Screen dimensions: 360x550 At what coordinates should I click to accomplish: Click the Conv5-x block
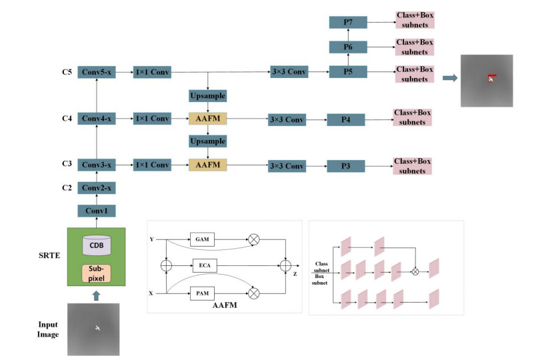pyautogui.click(x=97, y=72)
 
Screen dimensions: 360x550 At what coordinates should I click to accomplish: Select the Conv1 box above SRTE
pyautogui.click(x=97, y=211)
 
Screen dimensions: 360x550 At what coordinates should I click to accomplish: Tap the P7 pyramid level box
pyautogui.click(x=348, y=23)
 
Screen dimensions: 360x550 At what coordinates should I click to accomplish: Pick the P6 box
pyautogui.click(x=348, y=47)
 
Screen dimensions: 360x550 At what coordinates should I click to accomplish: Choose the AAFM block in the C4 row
pyautogui.click(x=208, y=119)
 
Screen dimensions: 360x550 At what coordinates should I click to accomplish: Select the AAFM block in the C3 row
pyautogui.click(x=208, y=165)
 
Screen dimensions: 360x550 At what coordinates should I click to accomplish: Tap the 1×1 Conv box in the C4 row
pyautogui.click(x=152, y=119)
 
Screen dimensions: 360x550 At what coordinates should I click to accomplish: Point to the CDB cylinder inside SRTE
pyautogui.click(x=96, y=245)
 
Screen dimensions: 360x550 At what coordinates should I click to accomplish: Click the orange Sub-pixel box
pyautogui.click(x=96, y=274)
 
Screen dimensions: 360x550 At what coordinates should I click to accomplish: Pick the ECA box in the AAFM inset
pyautogui.click(x=203, y=265)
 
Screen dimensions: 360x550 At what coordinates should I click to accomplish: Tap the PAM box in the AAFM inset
pyautogui.click(x=203, y=292)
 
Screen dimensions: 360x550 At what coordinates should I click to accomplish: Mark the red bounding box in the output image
pyautogui.click(x=491, y=77)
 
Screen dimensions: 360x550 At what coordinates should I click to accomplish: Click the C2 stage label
pyautogui.click(x=66, y=188)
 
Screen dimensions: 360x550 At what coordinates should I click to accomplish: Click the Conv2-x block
pyautogui.click(x=97, y=188)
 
